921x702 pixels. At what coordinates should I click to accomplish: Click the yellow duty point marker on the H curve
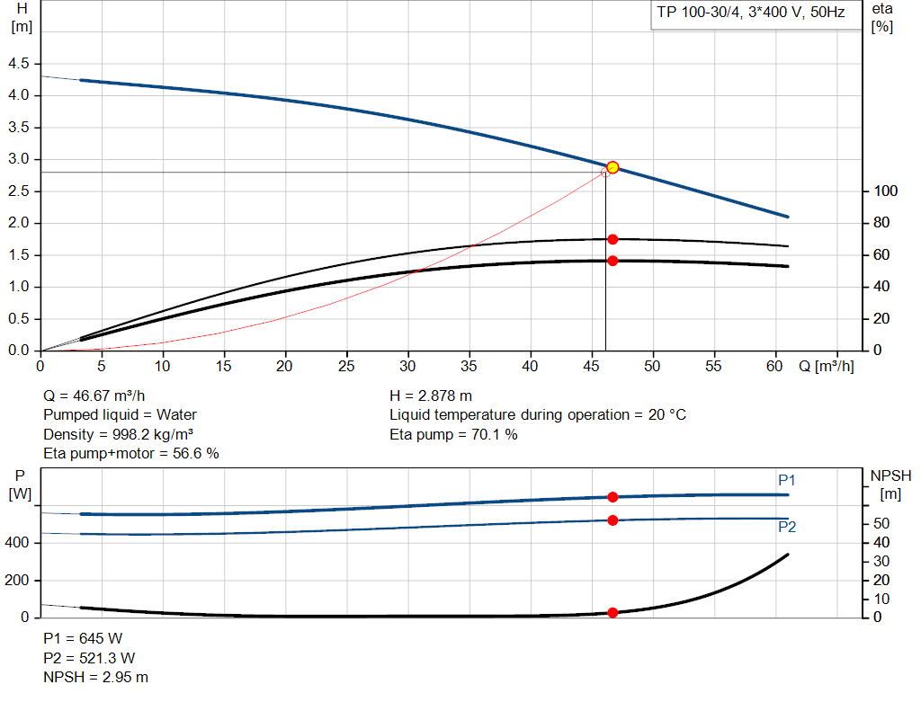point(613,167)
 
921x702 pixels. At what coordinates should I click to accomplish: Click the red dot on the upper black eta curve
point(613,239)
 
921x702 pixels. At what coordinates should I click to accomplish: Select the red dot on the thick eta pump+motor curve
point(613,261)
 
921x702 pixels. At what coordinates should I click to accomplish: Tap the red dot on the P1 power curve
point(613,497)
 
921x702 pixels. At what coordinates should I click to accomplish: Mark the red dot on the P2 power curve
point(613,520)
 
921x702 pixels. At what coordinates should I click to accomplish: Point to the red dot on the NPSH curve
point(613,613)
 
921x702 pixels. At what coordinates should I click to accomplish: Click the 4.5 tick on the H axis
point(18,64)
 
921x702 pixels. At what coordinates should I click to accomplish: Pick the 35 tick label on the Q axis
point(469,367)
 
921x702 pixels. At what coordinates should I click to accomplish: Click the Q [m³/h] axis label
point(827,367)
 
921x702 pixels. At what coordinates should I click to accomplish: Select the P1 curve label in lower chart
point(786,481)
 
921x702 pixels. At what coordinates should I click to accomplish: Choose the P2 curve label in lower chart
point(786,528)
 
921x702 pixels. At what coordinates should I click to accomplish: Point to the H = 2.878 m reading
point(431,395)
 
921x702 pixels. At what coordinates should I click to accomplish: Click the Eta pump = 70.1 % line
point(453,435)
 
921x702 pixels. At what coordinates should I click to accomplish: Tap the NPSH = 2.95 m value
point(96,678)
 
